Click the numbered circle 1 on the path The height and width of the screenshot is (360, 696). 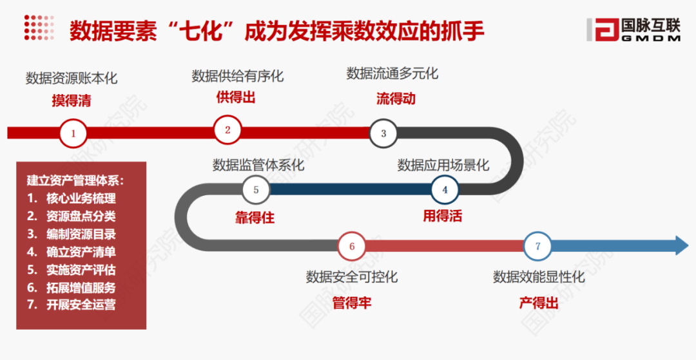pyautogui.click(x=73, y=134)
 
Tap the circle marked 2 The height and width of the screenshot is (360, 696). pyautogui.click(x=227, y=129)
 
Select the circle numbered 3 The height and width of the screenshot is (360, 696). pyautogui.click(x=383, y=133)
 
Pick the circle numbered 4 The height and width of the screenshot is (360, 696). pyautogui.click(x=445, y=190)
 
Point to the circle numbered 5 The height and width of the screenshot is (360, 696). pyautogui.click(x=256, y=190)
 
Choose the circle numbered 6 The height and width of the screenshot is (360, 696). pyautogui.click(x=352, y=246)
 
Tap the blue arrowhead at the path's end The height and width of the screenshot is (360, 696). pyautogui.click(x=681, y=246)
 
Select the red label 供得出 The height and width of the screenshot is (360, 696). pyautogui.click(x=236, y=97)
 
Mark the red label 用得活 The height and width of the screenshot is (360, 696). pyautogui.click(x=442, y=216)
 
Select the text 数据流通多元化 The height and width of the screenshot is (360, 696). pyautogui.click(x=392, y=73)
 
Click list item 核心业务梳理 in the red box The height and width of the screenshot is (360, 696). pyautogui.click(x=81, y=198)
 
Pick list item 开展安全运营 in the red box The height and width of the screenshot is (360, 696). pyautogui.click(x=81, y=305)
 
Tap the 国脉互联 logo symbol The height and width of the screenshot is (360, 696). pyautogui.click(x=601, y=29)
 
